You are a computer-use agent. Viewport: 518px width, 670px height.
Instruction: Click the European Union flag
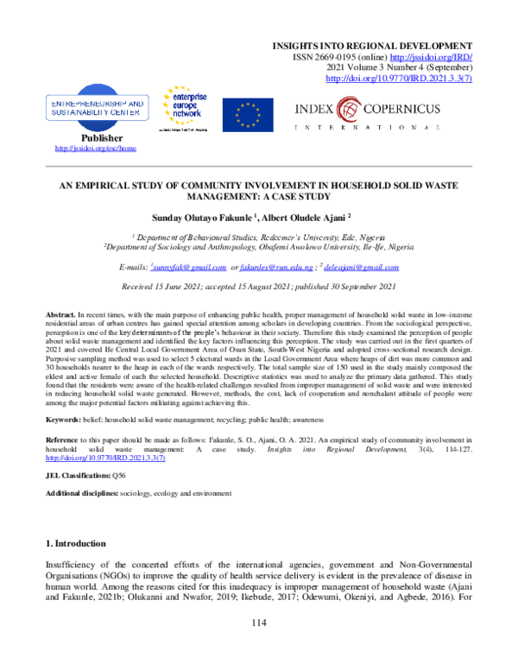pos(248,112)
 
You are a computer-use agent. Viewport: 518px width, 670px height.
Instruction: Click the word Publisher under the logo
pos(102,138)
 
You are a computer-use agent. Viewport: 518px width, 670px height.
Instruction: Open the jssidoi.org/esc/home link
pos(95,149)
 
